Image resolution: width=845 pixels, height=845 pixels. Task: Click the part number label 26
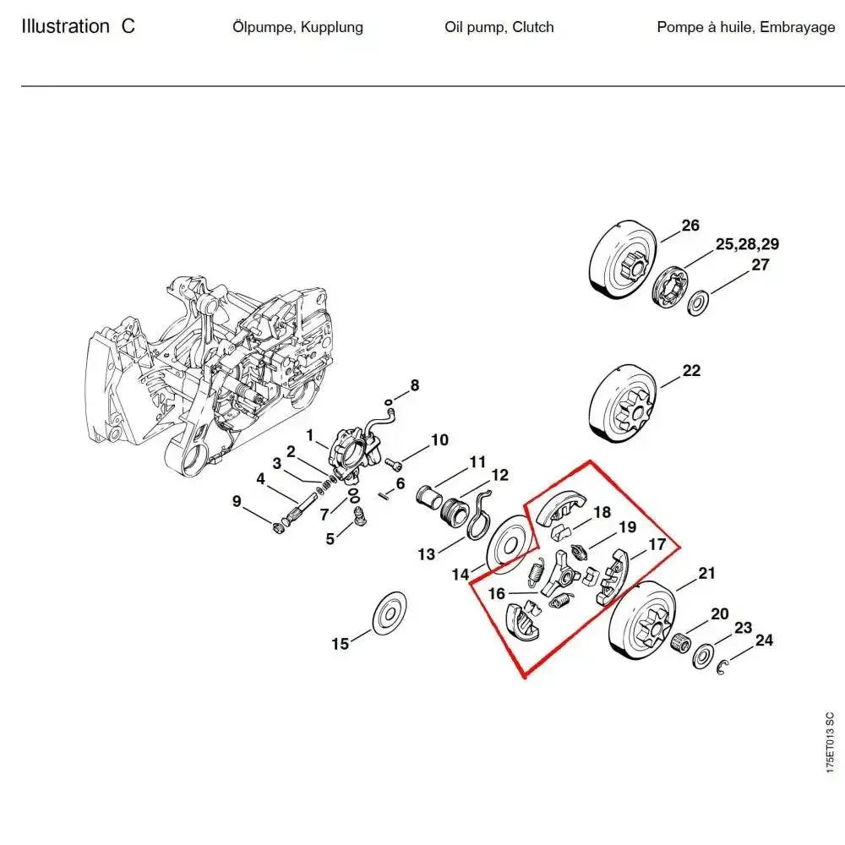[x=690, y=226]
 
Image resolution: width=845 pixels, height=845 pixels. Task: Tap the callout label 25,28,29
[x=747, y=245]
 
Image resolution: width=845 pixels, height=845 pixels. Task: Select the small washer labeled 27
[x=699, y=302]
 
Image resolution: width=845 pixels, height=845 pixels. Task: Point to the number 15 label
[x=340, y=644]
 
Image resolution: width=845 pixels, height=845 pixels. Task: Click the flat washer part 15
[x=391, y=611]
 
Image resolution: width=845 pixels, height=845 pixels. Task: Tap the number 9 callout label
[x=237, y=502]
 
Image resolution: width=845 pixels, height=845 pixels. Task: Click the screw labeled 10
[x=392, y=463]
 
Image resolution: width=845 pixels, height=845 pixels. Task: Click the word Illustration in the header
[x=65, y=26]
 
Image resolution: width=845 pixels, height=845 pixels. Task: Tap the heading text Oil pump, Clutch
[x=499, y=27]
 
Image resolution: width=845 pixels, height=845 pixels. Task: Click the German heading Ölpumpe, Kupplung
[x=297, y=27]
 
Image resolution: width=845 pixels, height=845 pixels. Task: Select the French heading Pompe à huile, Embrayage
[x=745, y=27]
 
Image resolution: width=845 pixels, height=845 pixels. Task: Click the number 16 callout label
[x=496, y=594]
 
